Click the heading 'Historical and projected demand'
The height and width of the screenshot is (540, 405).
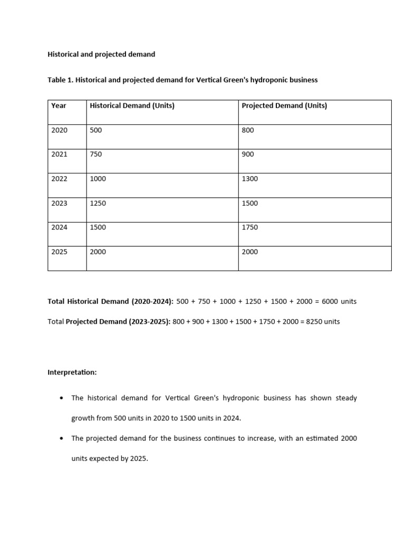pyautogui.click(x=101, y=54)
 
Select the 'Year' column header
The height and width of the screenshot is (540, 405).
pyautogui.click(x=59, y=105)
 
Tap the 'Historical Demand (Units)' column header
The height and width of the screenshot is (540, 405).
pyautogui.click(x=132, y=105)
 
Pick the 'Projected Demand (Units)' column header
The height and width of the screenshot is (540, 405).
pyautogui.click(x=284, y=105)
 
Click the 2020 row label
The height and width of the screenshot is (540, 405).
pyautogui.click(x=60, y=130)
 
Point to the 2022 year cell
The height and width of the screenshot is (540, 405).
pyautogui.click(x=60, y=179)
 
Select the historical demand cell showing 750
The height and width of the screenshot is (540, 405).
pyautogui.click(x=96, y=155)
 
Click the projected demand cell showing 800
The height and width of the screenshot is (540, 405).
pyautogui.click(x=248, y=130)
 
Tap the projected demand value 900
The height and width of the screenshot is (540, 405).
pyautogui.click(x=248, y=155)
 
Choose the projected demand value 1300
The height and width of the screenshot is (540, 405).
pyautogui.click(x=250, y=179)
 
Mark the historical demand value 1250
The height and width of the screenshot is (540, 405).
pyautogui.click(x=98, y=203)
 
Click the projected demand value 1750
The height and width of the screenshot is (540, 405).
pyautogui.click(x=250, y=227)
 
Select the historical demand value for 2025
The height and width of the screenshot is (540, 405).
pyautogui.click(x=98, y=252)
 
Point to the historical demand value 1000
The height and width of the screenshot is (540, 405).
pyautogui.click(x=98, y=179)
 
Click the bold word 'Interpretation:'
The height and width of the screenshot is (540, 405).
pyautogui.click(x=72, y=372)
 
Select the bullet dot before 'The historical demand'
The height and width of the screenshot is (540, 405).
pyautogui.click(x=62, y=398)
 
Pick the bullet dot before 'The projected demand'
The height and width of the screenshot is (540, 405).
pyautogui.click(x=62, y=439)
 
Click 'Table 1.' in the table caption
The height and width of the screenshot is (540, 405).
pyautogui.click(x=61, y=80)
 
